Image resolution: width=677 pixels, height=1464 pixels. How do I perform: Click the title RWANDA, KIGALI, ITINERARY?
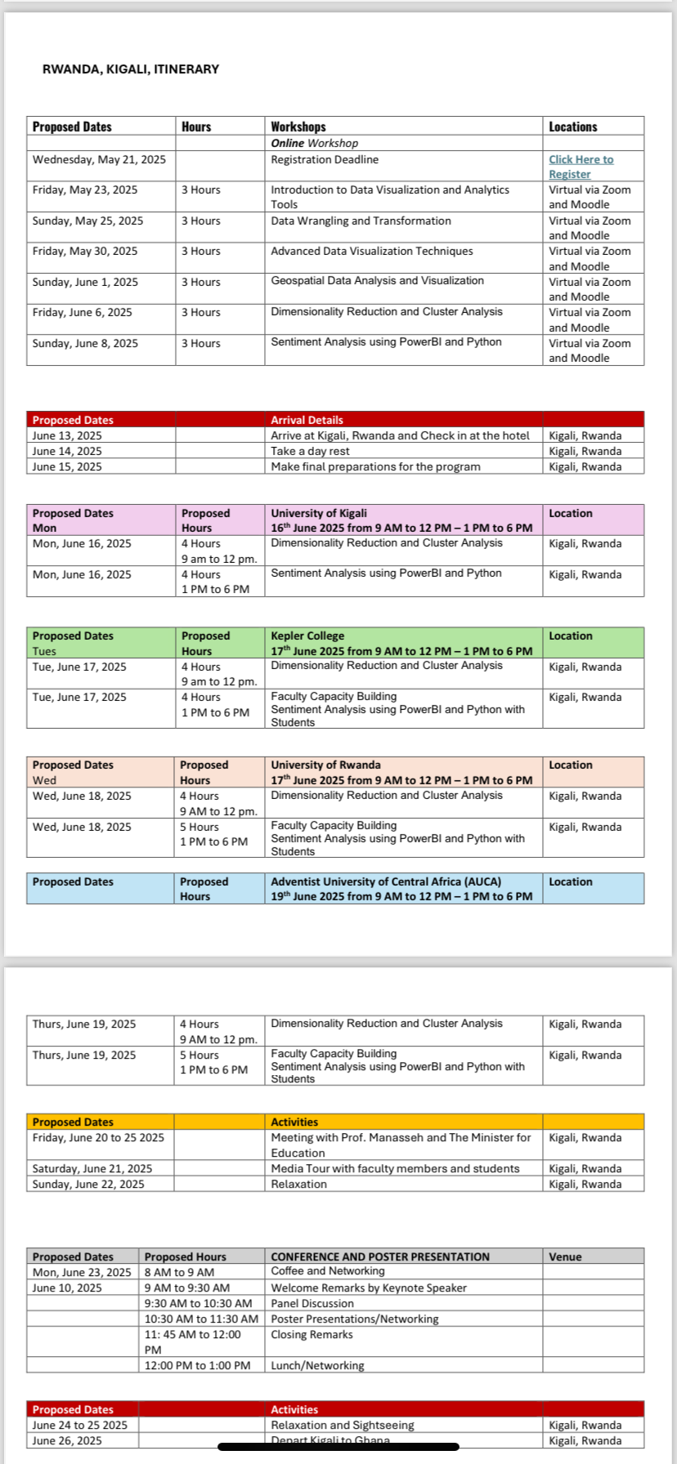(131, 69)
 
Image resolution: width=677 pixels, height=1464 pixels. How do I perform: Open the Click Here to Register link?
(581, 167)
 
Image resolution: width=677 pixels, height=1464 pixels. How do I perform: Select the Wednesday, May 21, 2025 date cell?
(99, 160)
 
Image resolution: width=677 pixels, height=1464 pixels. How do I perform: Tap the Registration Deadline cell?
(325, 160)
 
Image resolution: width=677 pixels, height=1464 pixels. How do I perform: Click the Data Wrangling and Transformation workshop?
(361, 221)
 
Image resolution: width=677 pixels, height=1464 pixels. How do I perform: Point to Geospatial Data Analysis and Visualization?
(377, 281)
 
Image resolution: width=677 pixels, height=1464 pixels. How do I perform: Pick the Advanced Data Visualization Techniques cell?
(371, 251)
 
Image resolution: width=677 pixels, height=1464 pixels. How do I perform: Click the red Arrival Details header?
(307, 420)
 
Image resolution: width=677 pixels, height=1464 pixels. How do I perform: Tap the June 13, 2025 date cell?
(67, 435)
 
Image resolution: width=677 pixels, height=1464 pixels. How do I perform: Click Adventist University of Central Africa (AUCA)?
(386, 882)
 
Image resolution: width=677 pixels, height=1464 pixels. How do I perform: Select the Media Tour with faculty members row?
(395, 1168)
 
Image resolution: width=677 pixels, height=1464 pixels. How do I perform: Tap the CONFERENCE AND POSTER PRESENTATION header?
(380, 1256)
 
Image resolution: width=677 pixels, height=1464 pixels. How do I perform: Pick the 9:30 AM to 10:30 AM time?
(198, 1303)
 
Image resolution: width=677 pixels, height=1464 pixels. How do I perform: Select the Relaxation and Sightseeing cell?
(343, 1425)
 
